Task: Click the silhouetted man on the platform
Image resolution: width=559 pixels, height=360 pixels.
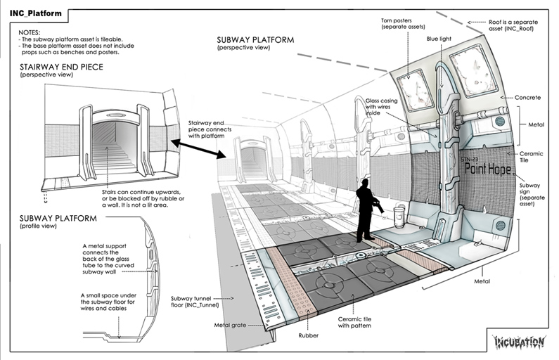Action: (366, 210)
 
